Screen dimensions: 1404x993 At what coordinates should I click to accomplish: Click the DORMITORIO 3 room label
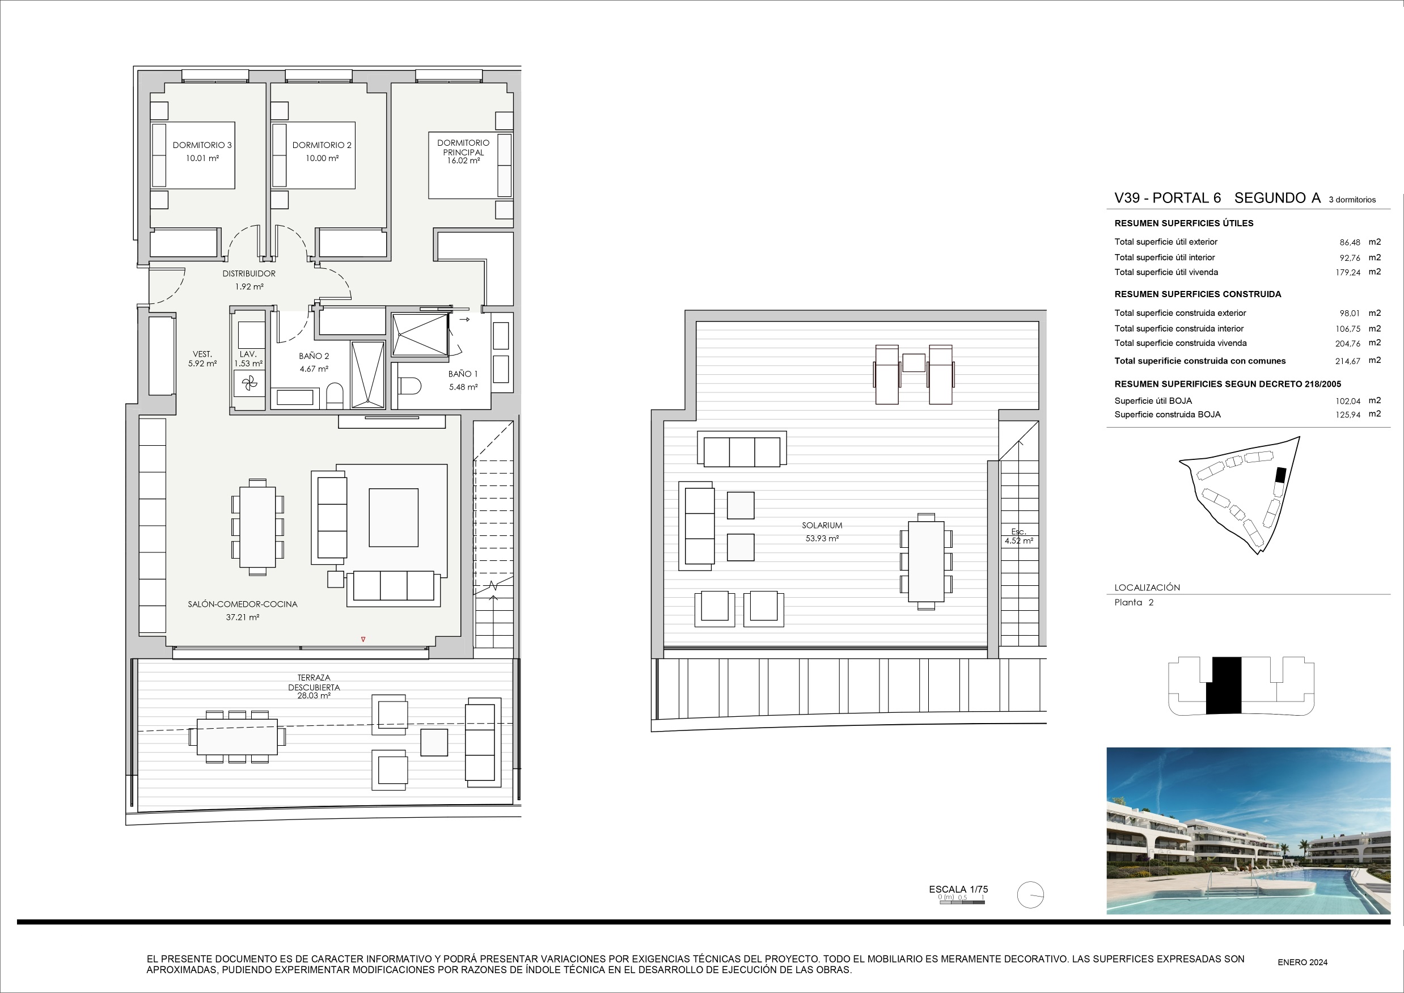coord(202,145)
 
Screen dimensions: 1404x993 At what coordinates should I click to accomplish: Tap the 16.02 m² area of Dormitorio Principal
coord(463,161)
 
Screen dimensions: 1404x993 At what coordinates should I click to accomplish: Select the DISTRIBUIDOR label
coord(249,273)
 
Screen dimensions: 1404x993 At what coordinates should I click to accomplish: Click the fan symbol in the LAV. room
coord(249,384)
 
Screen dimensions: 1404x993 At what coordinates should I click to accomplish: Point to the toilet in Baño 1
coord(411,386)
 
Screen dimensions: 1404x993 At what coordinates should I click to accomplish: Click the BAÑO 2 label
coord(314,356)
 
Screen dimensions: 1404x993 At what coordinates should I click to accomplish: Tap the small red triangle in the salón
coord(363,640)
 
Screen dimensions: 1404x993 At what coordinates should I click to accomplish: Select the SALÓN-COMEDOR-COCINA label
coord(243,604)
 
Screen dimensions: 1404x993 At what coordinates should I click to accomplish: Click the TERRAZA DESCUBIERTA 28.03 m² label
coord(314,687)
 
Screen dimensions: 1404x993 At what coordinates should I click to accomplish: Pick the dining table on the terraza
coord(237,737)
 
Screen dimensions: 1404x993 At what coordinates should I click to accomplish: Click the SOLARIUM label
coord(822,525)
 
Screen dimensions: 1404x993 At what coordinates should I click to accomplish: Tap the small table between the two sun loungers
coord(914,362)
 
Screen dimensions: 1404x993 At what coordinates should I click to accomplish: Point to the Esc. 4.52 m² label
coord(1019,536)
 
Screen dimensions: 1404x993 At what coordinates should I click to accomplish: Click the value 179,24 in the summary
coord(1348,273)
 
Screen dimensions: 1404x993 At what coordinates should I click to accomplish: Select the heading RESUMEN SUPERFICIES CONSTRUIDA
coord(1198,294)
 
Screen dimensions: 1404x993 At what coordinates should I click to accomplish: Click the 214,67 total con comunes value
coord(1348,361)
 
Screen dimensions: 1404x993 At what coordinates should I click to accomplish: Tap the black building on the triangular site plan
coord(1280,475)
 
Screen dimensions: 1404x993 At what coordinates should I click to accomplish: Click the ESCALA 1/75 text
coord(958,889)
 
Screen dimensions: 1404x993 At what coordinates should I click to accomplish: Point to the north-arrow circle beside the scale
coord(1030,895)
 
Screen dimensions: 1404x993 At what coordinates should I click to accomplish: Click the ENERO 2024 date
coord(1302,962)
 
